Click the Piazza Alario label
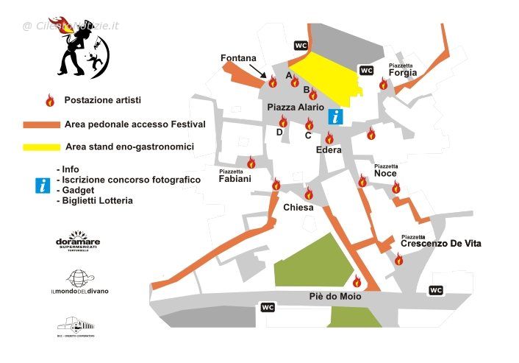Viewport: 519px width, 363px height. pyautogui.click(x=295, y=108)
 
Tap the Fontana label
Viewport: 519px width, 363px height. pyautogui.click(x=239, y=58)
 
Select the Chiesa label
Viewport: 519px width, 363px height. pyautogui.click(x=298, y=208)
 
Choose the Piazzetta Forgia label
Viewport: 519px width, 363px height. pyautogui.click(x=403, y=71)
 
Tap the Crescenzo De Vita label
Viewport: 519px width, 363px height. pyautogui.click(x=441, y=242)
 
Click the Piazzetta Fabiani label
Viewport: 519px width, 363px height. pyautogui.click(x=235, y=177)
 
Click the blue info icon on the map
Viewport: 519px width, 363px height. pyautogui.click(x=335, y=116)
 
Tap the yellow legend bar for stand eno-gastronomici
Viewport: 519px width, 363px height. pyautogui.click(x=40, y=147)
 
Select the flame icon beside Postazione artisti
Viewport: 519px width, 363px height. pyautogui.click(x=51, y=100)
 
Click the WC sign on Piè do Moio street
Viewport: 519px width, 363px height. pyautogui.click(x=268, y=307)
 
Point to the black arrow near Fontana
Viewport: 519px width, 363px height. pyautogui.click(x=258, y=70)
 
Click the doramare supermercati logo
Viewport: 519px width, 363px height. pyautogui.click(x=78, y=243)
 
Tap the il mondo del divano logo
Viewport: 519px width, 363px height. pyautogui.click(x=79, y=283)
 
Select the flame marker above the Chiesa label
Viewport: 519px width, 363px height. pyautogui.click(x=309, y=194)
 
